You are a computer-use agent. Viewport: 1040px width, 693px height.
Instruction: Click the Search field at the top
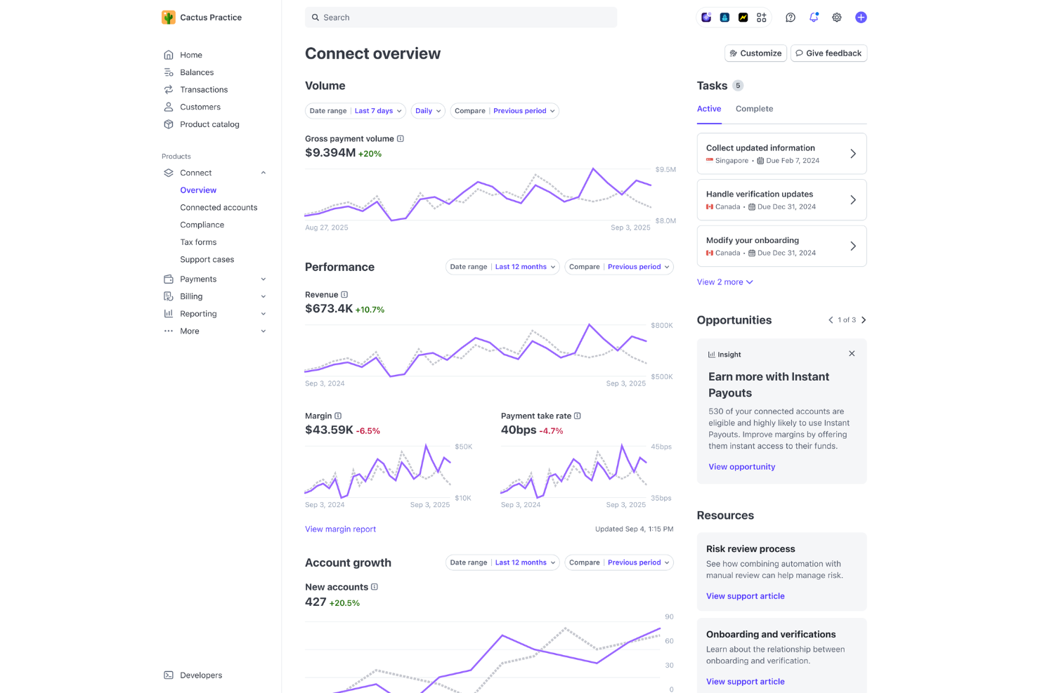[460, 18]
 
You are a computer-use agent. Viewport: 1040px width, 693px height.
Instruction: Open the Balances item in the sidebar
[197, 72]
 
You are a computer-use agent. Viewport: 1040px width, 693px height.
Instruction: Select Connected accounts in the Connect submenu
[219, 208]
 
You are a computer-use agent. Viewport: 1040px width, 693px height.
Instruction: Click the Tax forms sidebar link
[198, 242]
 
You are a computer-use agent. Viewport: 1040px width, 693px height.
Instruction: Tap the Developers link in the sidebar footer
[200, 675]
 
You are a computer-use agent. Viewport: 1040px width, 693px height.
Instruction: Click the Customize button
[755, 53]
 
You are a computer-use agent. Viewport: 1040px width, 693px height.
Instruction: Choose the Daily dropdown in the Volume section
[428, 111]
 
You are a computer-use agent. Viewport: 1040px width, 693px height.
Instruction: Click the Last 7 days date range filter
[378, 111]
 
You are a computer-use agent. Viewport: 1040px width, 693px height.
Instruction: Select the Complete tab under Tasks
[754, 109]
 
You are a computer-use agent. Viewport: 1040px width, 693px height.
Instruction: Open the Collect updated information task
[781, 154]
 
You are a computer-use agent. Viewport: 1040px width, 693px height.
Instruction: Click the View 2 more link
[724, 282]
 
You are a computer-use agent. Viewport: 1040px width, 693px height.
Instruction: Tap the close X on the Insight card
[852, 354]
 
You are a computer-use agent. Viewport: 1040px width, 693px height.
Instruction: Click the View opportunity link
[741, 467]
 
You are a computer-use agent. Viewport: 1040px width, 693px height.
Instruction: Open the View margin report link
[340, 529]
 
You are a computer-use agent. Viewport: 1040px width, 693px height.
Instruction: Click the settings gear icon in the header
[837, 18]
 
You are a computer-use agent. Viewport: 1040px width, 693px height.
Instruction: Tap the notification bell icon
[814, 18]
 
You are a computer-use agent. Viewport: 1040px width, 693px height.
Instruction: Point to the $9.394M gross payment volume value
[330, 153]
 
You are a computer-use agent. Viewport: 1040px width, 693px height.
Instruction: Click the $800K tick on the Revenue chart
[661, 326]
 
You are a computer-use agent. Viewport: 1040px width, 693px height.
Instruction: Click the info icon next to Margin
[338, 416]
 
